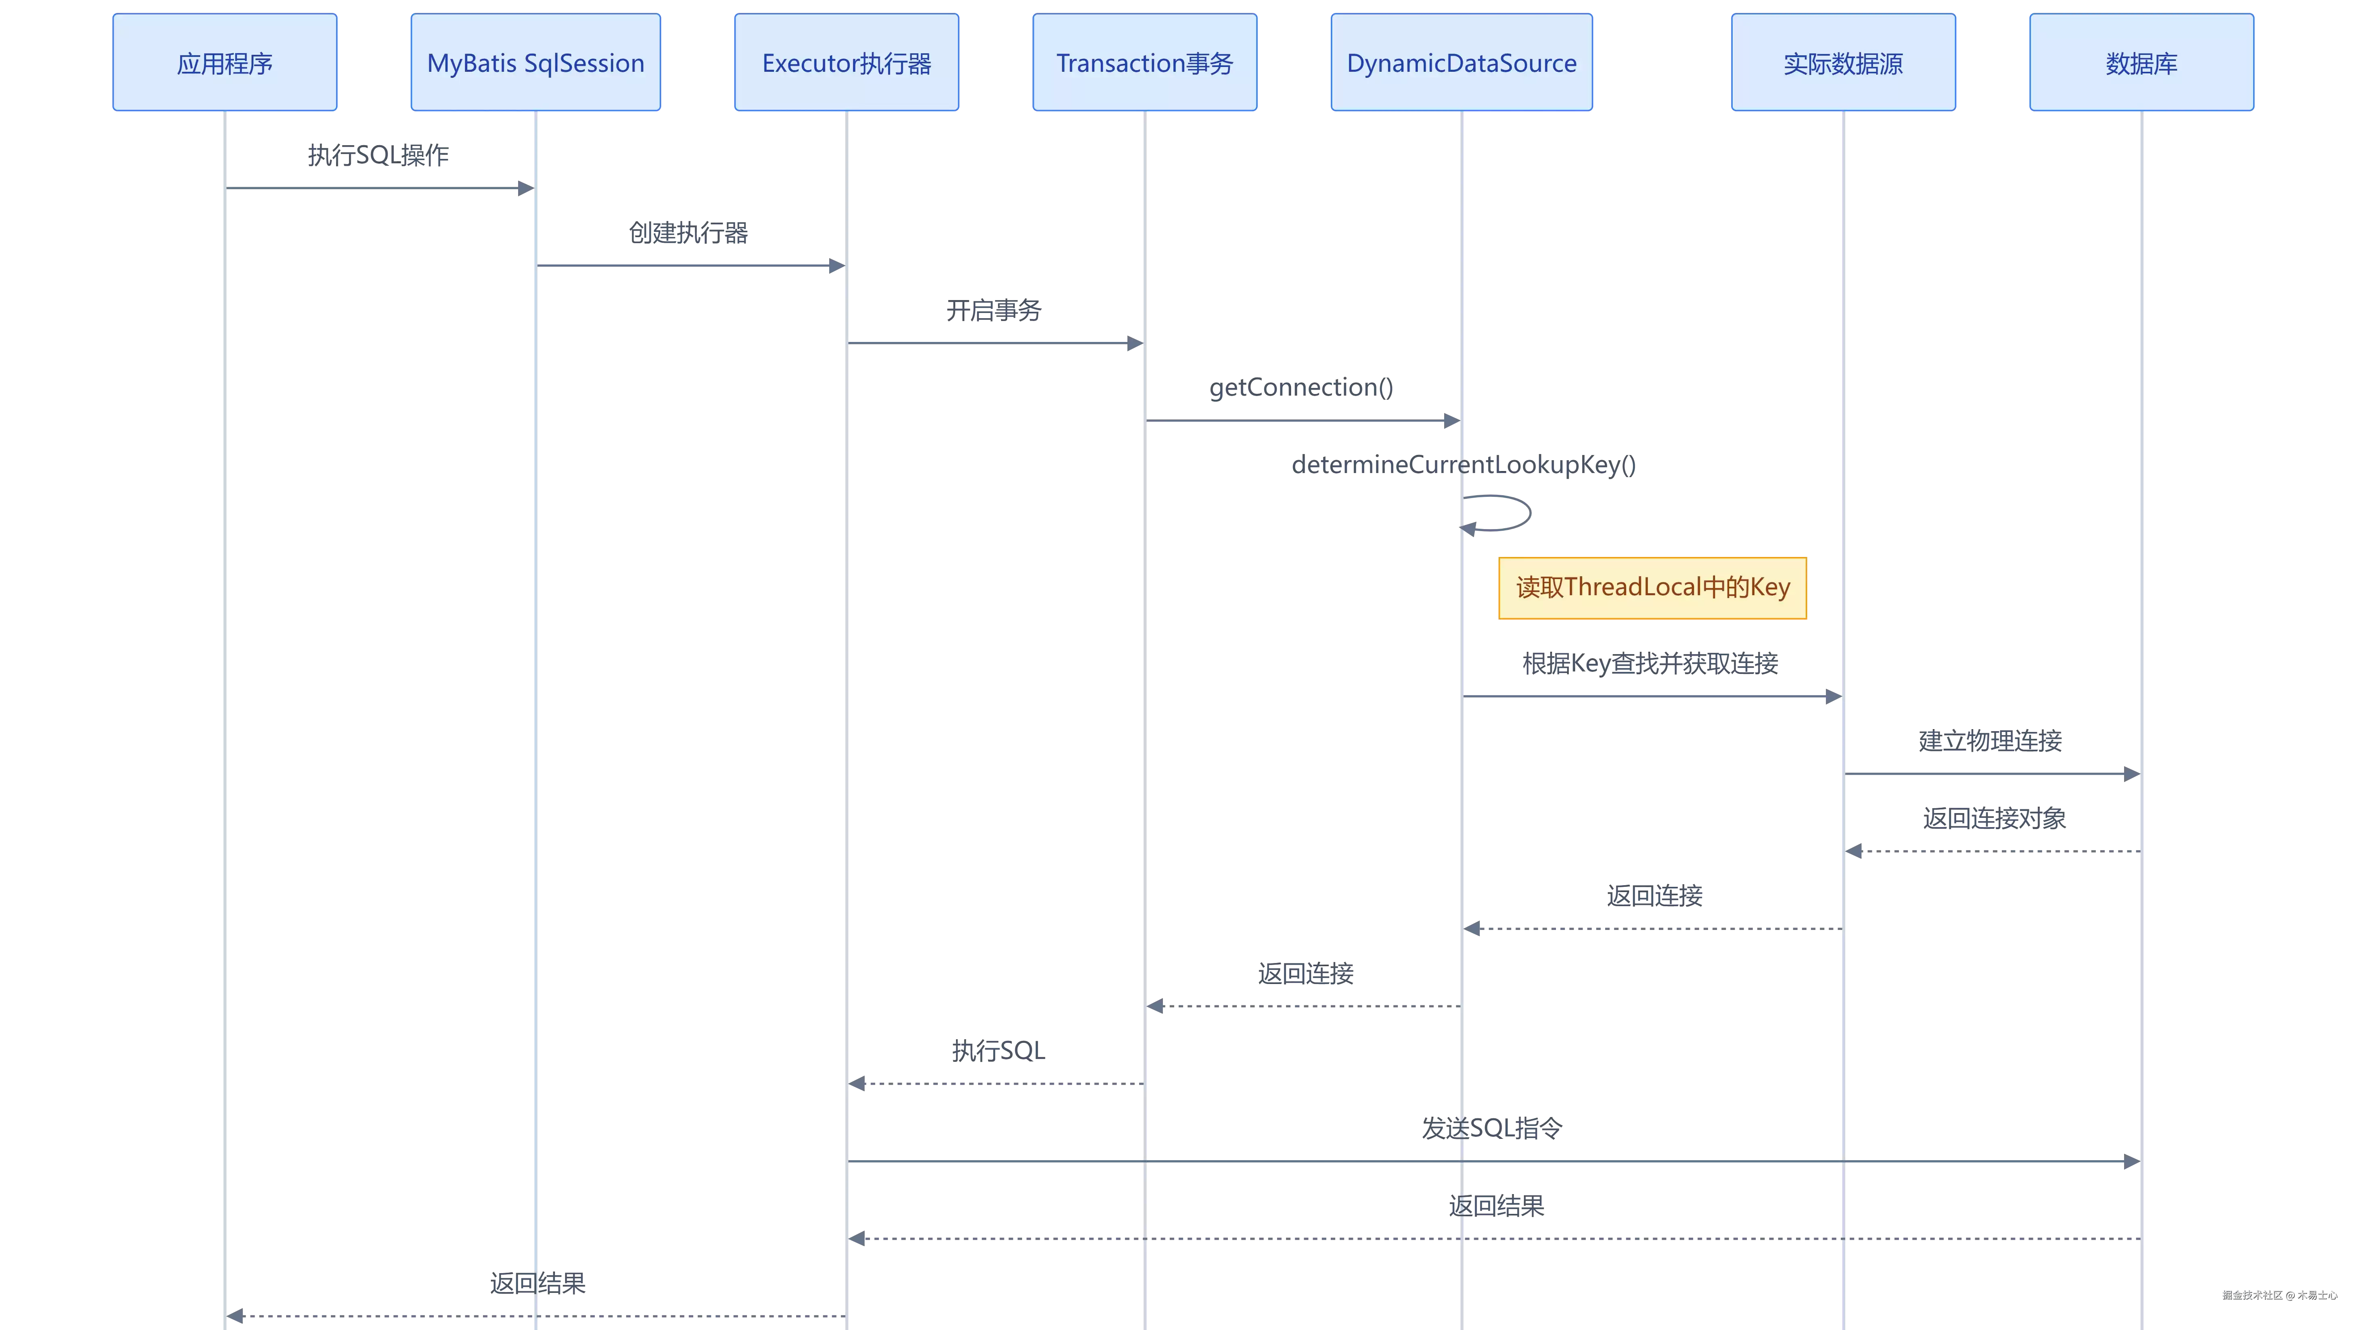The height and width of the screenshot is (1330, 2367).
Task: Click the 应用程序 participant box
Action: pyautogui.click(x=225, y=63)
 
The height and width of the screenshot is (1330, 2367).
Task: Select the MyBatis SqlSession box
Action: pyautogui.click(x=536, y=63)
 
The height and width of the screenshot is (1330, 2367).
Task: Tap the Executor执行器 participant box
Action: pyautogui.click(x=846, y=63)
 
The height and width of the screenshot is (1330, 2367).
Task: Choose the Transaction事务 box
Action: pyautogui.click(x=1145, y=63)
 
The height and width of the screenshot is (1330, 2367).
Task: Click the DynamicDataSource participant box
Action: pyautogui.click(x=1462, y=63)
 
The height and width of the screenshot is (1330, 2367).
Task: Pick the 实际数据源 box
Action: pyautogui.click(x=1843, y=63)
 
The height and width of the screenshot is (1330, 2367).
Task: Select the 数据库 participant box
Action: pyautogui.click(x=2142, y=63)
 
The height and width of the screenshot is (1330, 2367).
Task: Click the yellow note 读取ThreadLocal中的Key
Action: pyautogui.click(x=1652, y=588)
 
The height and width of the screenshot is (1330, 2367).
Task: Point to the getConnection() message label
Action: pyautogui.click(x=1301, y=388)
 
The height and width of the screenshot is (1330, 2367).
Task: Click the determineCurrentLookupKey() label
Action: pyautogui.click(x=1464, y=465)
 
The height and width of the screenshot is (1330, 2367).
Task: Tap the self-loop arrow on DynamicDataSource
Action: pyautogui.click(x=1530, y=513)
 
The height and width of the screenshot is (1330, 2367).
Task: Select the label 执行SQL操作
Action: pyautogui.click(x=378, y=155)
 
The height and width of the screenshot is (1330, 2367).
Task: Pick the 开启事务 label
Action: pyautogui.click(x=994, y=311)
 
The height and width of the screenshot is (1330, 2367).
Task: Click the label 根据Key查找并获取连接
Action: pyautogui.click(x=1650, y=663)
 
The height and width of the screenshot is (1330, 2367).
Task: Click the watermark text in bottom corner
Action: pyautogui.click(x=2280, y=1295)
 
